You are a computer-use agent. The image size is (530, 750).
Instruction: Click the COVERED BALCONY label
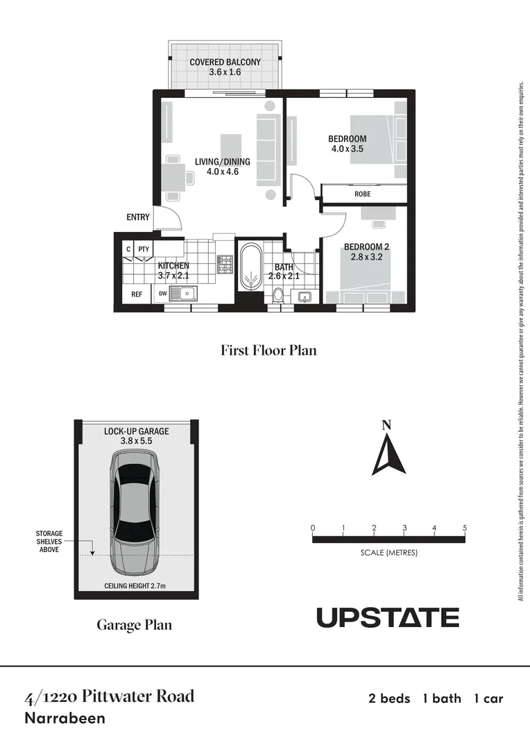click(x=225, y=67)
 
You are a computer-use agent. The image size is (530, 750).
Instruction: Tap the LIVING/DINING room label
click(x=222, y=167)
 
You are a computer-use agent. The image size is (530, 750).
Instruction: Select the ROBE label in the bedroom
click(x=362, y=194)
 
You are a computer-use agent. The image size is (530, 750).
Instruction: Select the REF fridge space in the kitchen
click(x=137, y=294)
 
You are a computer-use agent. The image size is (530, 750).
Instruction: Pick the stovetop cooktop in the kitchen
click(x=225, y=264)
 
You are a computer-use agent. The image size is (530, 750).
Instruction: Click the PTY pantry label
click(x=144, y=249)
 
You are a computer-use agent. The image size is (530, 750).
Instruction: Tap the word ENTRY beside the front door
click(x=138, y=217)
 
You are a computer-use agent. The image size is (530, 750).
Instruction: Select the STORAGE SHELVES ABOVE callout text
click(x=49, y=542)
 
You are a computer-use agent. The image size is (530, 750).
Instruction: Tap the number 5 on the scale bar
click(x=465, y=528)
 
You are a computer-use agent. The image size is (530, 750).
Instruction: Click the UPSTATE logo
click(x=388, y=617)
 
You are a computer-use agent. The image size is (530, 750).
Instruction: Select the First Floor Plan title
click(x=268, y=350)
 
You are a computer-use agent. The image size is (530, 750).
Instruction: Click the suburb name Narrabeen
click(x=65, y=719)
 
